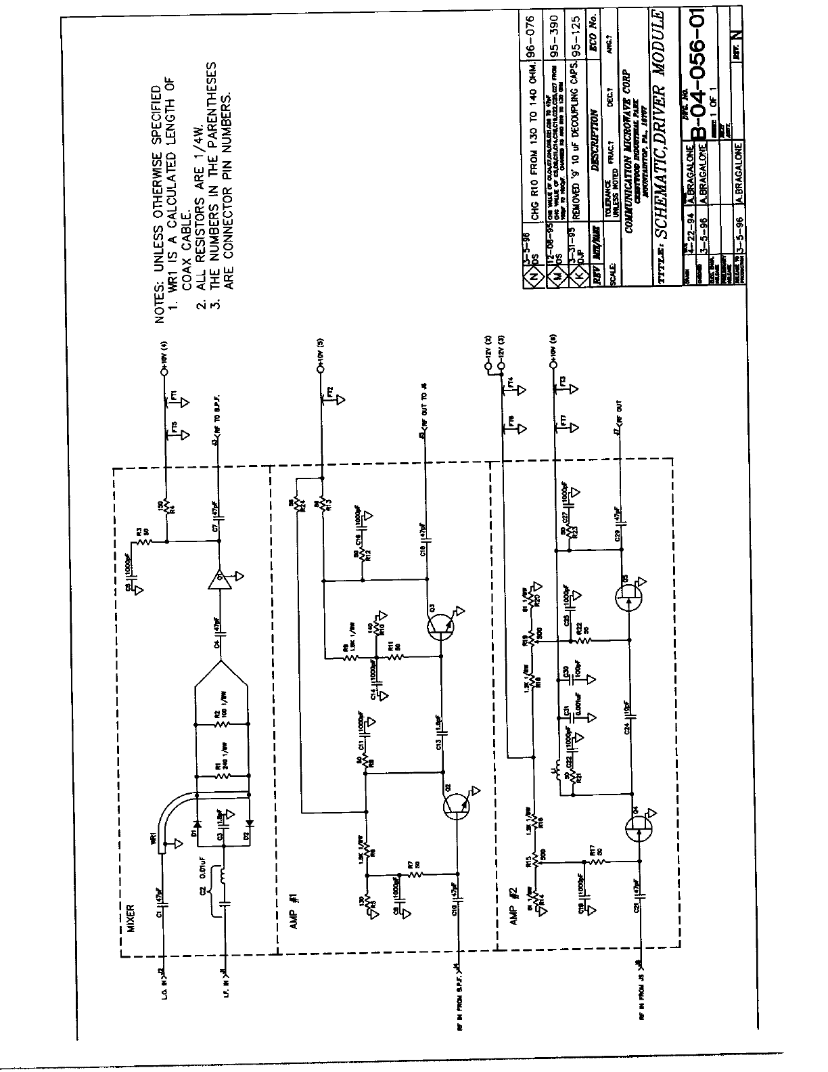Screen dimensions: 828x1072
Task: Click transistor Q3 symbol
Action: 443,630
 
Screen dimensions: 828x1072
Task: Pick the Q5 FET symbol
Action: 629,596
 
